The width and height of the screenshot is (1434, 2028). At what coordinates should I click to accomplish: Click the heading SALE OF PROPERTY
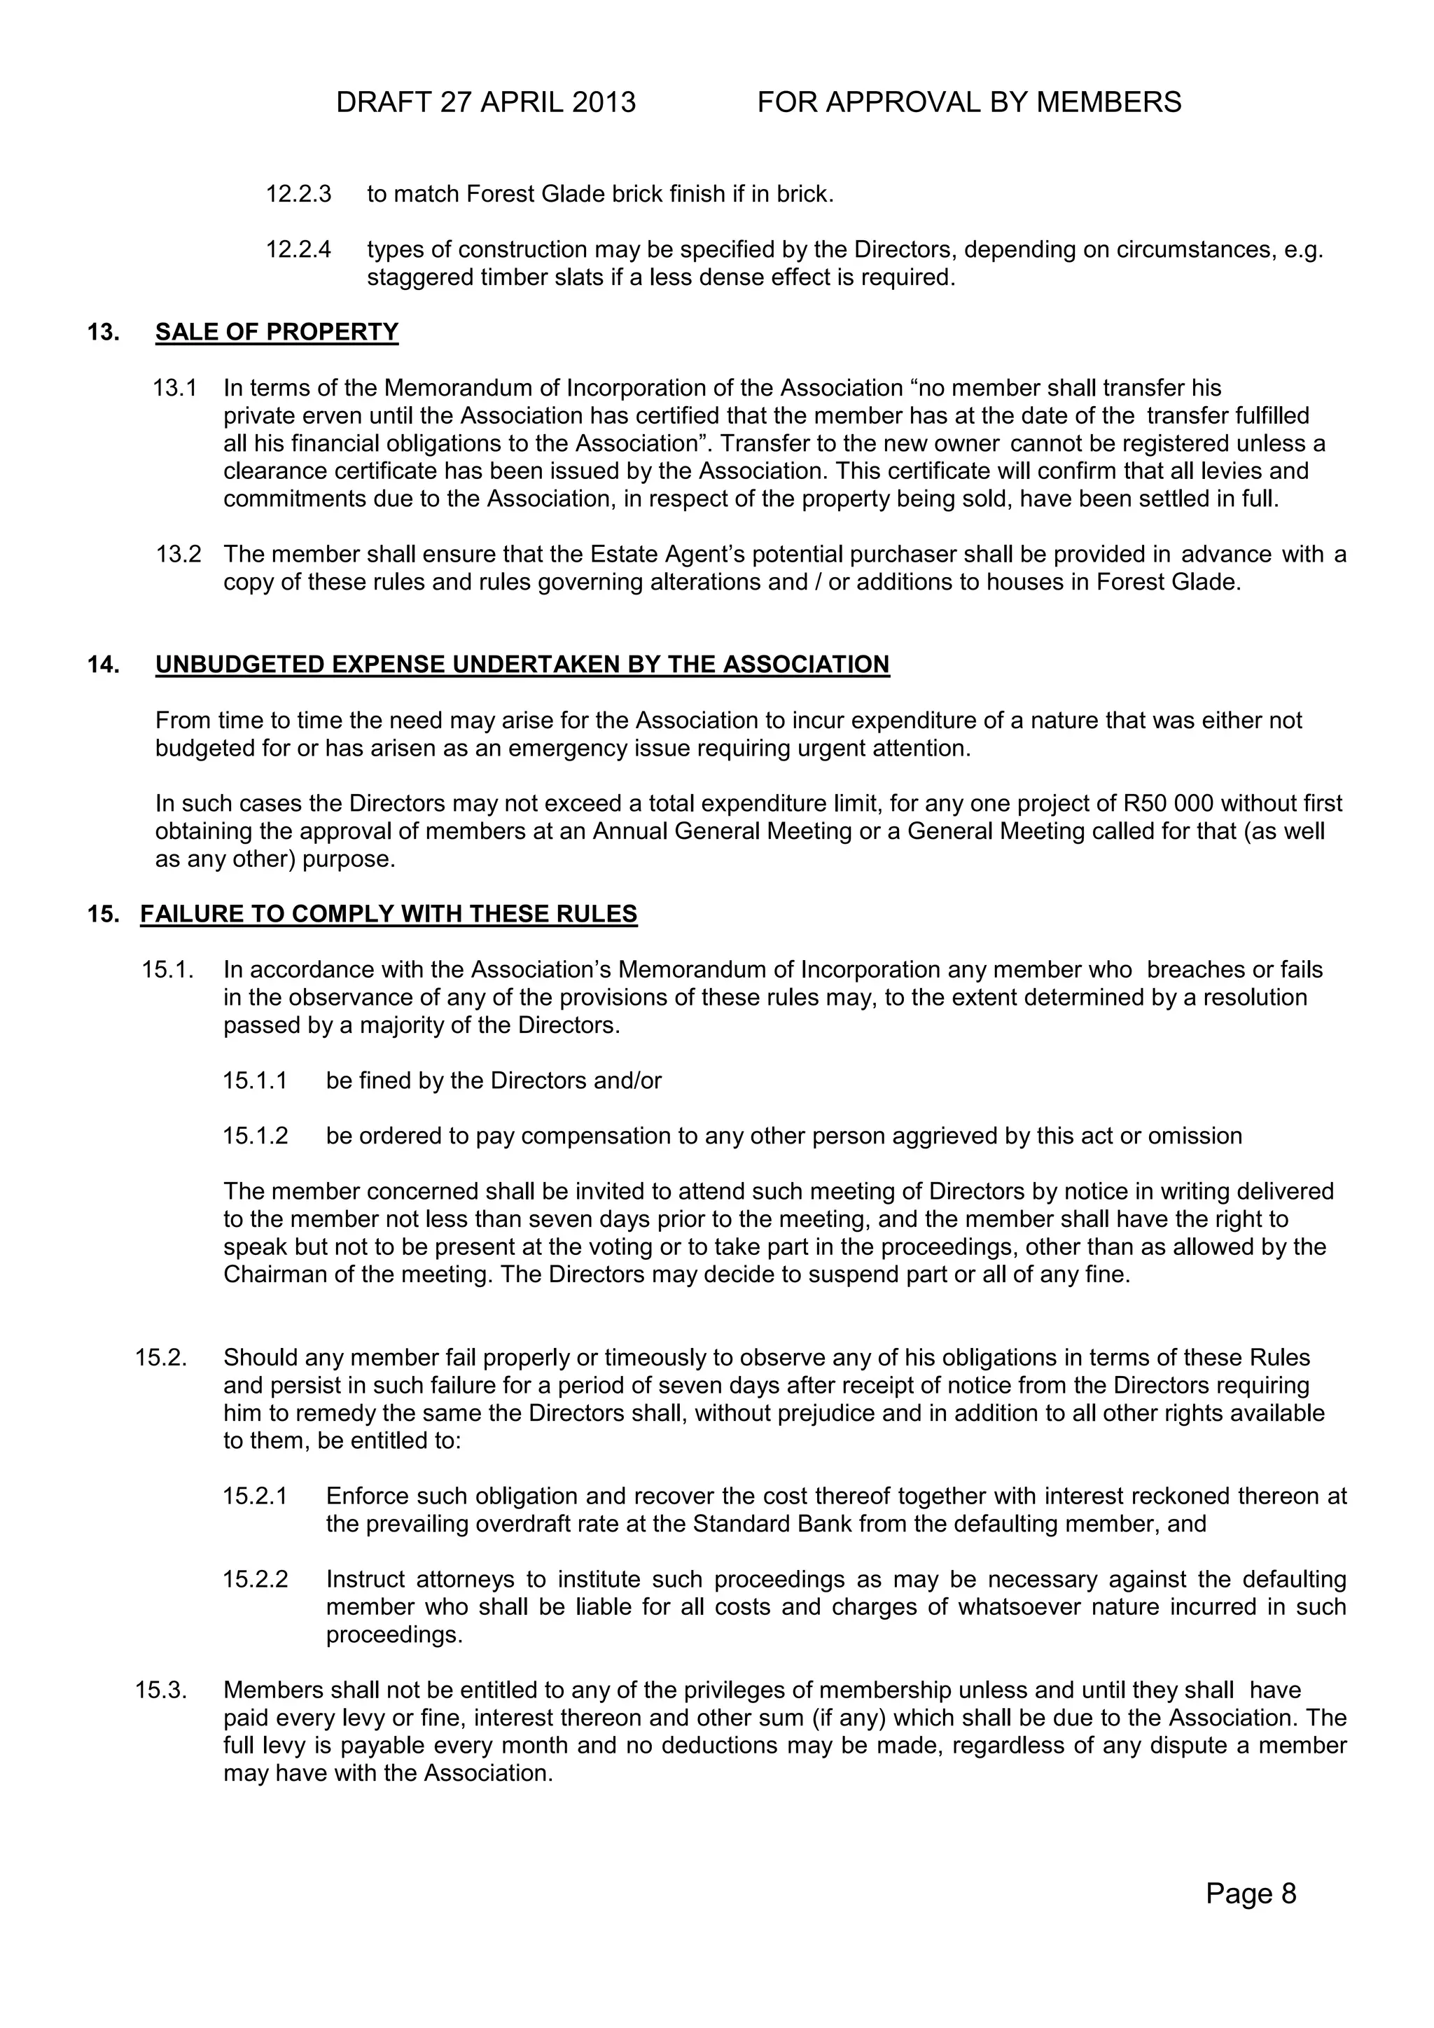[x=277, y=332]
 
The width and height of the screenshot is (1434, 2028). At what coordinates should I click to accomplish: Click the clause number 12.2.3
[x=298, y=194]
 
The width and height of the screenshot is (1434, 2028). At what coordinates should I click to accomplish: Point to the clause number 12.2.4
[x=298, y=250]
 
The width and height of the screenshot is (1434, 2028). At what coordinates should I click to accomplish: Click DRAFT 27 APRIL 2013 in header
[x=486, y=104]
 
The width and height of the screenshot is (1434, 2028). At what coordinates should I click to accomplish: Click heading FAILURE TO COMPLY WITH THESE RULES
[x=389, y=914]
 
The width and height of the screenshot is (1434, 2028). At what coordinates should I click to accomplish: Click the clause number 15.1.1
[x=255, y=1081]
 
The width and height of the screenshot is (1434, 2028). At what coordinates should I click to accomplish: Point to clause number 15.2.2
[x=255, y=1579]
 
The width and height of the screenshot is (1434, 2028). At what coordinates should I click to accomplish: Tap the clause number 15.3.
[x=161, y=1690]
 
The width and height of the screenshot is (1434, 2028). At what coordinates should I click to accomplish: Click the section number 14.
[x=102, y=665]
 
